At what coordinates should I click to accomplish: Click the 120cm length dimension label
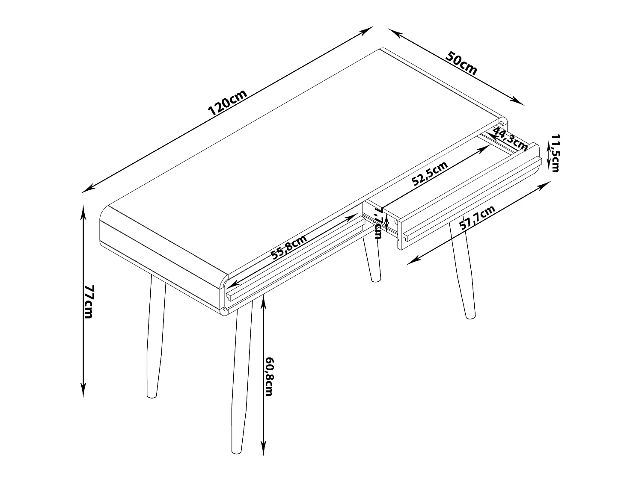point(228,102)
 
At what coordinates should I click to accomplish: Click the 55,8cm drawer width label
point(288,247)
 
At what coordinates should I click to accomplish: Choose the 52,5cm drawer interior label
point(429,173)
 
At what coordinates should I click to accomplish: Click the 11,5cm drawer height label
point(555,153)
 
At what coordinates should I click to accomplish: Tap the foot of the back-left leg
point(152,396)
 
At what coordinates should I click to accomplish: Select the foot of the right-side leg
point(470,317)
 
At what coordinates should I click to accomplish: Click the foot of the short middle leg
point(376,280)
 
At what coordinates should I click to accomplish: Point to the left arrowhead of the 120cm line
point(86,190)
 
